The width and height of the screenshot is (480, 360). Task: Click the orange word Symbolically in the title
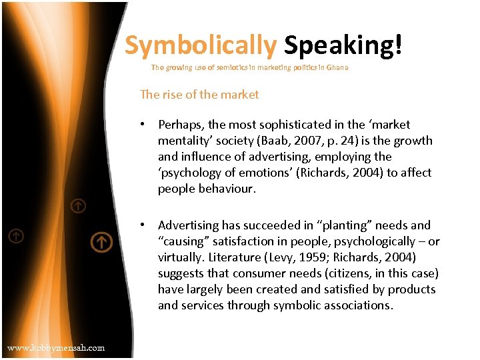click(200, 45)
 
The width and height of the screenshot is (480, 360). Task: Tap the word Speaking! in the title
click(343, 45)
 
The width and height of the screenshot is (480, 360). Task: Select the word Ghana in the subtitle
click(337, 67)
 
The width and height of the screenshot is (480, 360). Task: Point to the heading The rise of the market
click(199, 95)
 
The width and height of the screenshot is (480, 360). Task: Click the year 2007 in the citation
click(331, 141)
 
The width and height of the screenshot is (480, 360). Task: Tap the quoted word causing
click(183, 241)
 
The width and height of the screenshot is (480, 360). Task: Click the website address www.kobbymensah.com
click(56, 347)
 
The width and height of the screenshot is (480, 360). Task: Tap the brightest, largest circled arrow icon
click(101, 242)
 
